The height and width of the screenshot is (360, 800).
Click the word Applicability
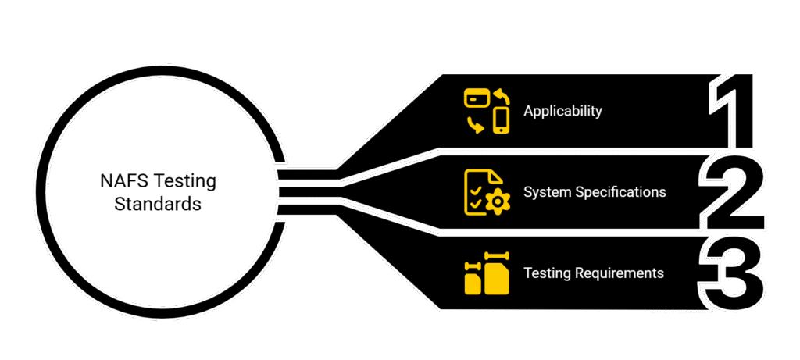562,111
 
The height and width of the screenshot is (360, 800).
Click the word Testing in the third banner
547,273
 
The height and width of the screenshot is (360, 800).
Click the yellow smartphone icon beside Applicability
501,119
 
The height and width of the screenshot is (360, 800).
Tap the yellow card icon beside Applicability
477,98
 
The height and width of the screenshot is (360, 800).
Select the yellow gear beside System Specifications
495,202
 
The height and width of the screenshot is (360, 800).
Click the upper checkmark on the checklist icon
473,187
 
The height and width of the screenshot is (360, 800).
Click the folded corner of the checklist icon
496,177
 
